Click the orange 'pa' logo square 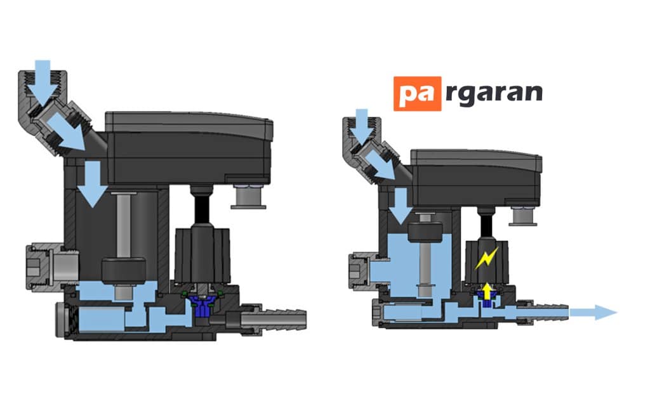point(418,94)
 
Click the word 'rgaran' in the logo point(494,94)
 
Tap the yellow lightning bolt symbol point(487,258)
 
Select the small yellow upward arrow point(487,291)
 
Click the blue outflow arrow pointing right point(594,312)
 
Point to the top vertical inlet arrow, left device point(43,81)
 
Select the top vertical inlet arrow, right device point(361,124)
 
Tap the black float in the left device point(124,272)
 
